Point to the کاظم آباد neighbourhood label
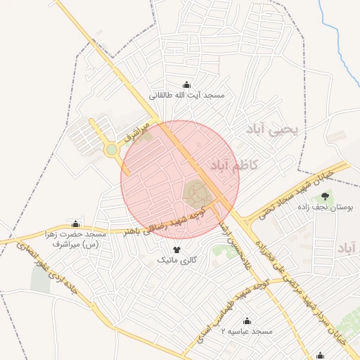(233, 165)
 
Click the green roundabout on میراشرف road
(111, 149)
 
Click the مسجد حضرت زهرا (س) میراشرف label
(73, 239)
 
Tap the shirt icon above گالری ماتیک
(176, 250)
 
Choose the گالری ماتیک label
(176, 261)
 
